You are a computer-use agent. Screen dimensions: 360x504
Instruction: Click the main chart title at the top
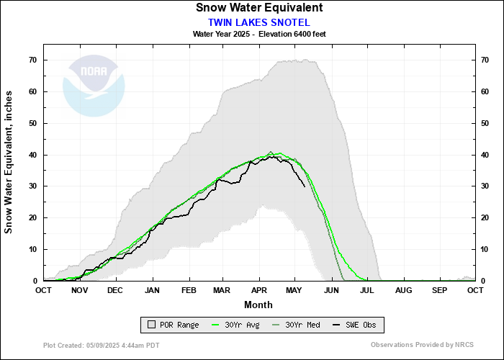click(258, 8)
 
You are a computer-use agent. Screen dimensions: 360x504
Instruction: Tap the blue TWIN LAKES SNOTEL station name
click(258, 22)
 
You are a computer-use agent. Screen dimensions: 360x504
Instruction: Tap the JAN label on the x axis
click(151, 290)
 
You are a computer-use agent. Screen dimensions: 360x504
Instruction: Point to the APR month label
click(258, 290)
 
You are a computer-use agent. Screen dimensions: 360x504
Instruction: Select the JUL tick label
click(366, 290)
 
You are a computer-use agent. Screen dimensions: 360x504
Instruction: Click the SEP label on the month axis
click(438, 290)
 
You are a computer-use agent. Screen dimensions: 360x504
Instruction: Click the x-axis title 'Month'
click(258, 304)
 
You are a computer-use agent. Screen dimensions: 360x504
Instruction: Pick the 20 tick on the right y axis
click(486, 217)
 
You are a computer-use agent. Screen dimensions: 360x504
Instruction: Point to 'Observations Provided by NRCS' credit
click(423, 346)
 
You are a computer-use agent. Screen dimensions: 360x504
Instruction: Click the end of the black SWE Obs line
click(305, 186)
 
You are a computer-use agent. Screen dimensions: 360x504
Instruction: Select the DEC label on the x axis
click(115, 290)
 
